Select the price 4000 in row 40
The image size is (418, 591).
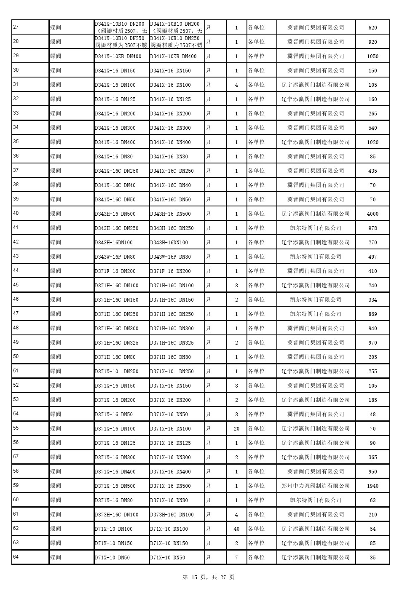point(372,214)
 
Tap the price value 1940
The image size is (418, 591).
point(372,486)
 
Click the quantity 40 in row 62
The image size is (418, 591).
point(236,529)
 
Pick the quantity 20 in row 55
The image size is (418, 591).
point(236,429)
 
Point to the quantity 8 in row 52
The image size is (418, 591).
point(236,386)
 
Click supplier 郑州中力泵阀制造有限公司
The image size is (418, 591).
point(316,486)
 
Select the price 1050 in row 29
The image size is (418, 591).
point(372,56)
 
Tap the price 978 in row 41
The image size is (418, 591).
point(372,228)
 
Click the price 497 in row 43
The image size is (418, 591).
point(372,257)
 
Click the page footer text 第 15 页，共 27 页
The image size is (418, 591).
point(209,577)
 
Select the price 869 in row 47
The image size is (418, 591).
point(372,314)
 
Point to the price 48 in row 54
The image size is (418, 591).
point(372,415)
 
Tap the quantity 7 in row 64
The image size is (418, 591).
point(236,558)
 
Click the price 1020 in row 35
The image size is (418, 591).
point(372,142)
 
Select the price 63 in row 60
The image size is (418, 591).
point(372,500)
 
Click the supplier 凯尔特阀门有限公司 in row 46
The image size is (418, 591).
point(316,300)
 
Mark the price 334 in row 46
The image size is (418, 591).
point(372,300)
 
